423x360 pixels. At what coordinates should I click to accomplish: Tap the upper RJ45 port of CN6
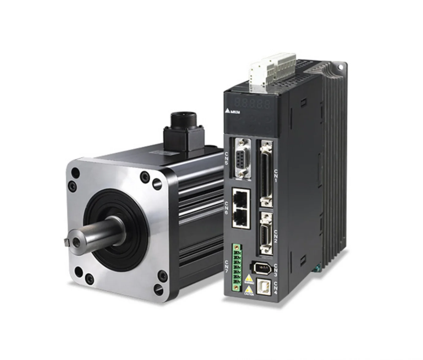(241, 198)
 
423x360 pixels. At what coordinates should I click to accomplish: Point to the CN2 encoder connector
(266, 233)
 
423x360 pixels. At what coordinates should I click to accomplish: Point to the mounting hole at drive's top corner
(340, 67)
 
